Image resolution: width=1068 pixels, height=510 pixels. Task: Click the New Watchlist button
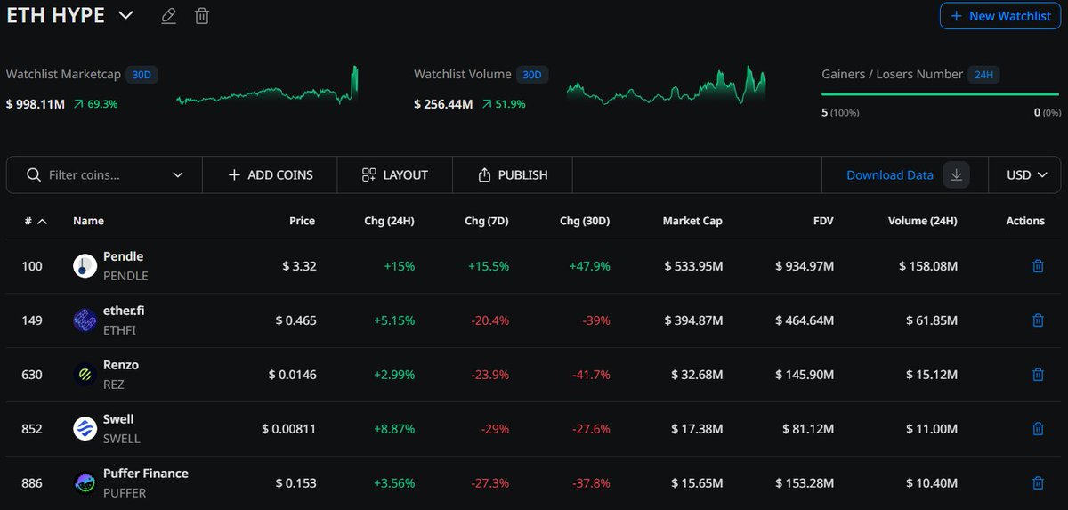1000,16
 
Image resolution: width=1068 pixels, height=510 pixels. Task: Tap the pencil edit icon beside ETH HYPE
168,16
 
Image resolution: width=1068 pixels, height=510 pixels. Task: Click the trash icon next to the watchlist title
202,16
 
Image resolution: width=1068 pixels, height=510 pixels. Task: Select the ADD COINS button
270,175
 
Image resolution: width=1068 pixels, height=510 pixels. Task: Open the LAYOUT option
395,175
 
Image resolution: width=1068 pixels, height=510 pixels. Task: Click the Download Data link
889,175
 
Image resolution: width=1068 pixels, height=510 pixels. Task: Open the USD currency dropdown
1026,175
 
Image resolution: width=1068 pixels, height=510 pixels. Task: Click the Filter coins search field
105,175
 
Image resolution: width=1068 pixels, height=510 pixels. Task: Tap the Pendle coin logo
85,266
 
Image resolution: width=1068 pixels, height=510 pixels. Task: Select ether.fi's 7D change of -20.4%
488,320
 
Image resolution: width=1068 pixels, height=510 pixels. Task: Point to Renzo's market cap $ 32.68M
697,375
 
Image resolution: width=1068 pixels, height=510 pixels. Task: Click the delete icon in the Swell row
1038,429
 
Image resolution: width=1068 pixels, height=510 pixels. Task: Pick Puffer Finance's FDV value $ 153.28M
805,483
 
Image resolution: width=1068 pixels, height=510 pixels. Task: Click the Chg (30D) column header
585,221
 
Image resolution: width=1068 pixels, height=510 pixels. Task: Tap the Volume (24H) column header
922,221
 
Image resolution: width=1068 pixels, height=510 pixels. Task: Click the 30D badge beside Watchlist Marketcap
142,75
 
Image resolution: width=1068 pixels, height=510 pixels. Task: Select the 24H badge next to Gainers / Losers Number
983,75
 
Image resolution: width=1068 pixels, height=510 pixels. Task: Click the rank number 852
32,429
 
